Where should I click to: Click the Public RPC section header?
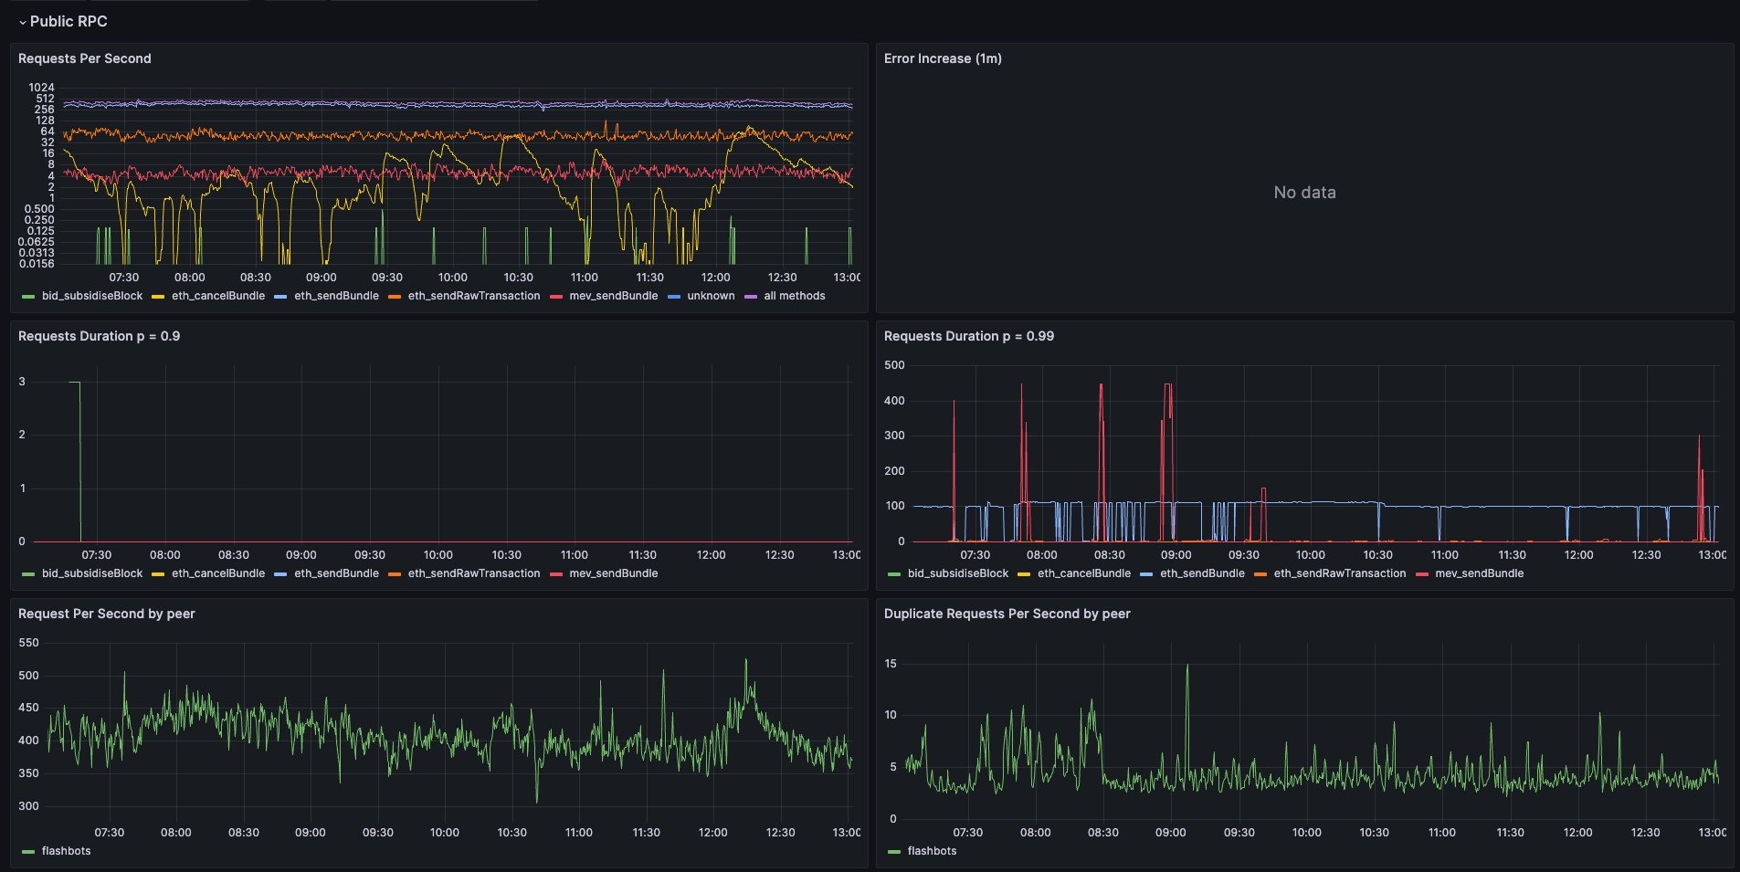pyautogui.click(x=69, y=21)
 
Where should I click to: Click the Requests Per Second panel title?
pyautogui.click(x=84, y=58)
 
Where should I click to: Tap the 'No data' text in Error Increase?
pyautogui.click(x=1304, y=193)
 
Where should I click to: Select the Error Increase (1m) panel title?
pyautogui.click(x=943, y=58)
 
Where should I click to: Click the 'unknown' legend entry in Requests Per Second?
pyautogui.click(x=710, y=296)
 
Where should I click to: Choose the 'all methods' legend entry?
pyautogui.click(x=794, y=296)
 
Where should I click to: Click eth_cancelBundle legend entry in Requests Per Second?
pyautogui.click(x=217, y=296)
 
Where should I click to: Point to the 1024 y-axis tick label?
pyautogui.click(x=41, y=88)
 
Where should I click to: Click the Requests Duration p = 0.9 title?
pyautogui.click(x=99, y=336)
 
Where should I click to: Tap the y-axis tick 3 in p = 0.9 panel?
pyautogui.click(x=22, y=382)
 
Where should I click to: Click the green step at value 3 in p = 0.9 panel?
pyautogui.click(x=75, y=383)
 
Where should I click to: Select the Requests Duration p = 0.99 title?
pyautogui.click(x=968, y=336)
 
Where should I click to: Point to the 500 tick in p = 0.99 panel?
pyautogui.click(x=894, y=365)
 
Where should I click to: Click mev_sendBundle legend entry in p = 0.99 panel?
pyautogui.click(x=1479, y=573)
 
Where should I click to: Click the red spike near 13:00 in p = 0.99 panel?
pyautogui.click(x=1699, y=438)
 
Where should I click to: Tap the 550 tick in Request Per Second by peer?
pyautogui.click(x=28, y=643)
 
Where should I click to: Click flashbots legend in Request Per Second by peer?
pyautogui.click(x=66, y=851)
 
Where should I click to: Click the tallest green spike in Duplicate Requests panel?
pyautogui.click(x=1187, y=667)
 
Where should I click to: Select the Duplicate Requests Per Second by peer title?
pyautogui.click(x=1007, y=614)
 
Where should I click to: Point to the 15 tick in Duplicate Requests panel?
pyautogui.click(x=891, y=664)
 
